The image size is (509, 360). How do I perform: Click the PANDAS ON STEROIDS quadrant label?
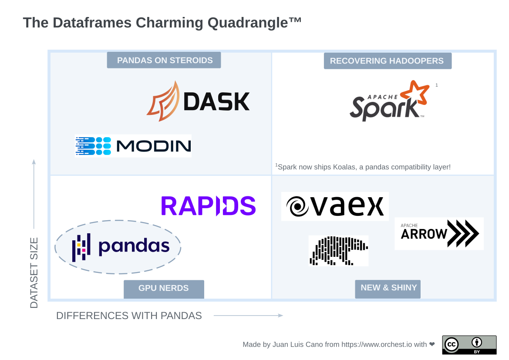tap(164, 60)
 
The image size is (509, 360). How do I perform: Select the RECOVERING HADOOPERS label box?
tap(388, 61)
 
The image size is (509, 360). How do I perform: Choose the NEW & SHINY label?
tap(388, 289)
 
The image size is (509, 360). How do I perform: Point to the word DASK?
tap(216, 102)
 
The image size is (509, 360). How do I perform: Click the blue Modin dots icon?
tap(94, 146)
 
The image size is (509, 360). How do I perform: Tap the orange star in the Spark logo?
tap(415, 92)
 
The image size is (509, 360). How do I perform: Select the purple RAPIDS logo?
tap(209, 206)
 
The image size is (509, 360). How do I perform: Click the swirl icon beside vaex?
tap(297, 206)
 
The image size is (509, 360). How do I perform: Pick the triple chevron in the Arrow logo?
tap(463, 233)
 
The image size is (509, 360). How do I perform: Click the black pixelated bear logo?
tap(339, 251)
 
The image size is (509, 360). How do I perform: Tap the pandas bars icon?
tap(81, 247)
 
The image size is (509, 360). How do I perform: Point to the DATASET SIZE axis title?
tap(34, 273)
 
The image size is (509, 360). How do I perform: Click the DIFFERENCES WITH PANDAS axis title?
tap(129, 316)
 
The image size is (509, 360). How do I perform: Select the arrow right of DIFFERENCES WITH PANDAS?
tap(248, 315)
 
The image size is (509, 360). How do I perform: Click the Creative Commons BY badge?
tap(469, 345)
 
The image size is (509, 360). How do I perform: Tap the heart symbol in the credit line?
tap(432, 344)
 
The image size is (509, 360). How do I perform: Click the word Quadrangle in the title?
tap(248, 23)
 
